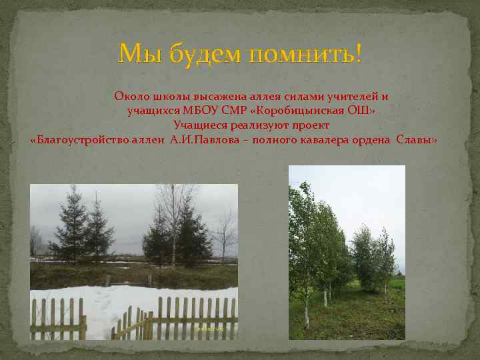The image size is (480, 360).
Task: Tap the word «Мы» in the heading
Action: [135, 53]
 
